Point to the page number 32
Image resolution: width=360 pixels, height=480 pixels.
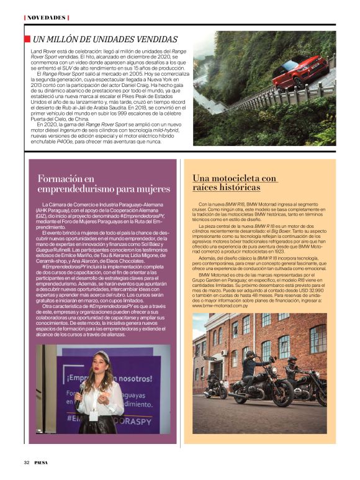tap(27, 462)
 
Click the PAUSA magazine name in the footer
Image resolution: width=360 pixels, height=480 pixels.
tap(43, 462)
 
